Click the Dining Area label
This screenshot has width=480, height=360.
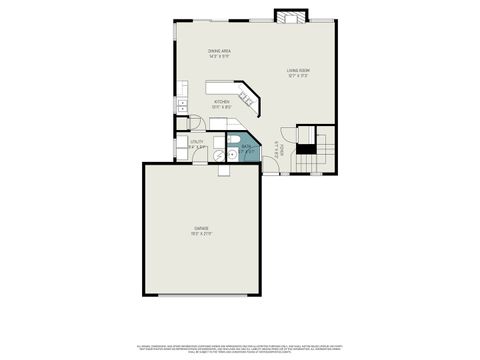(220, 51)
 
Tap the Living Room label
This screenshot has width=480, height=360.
(298, 70)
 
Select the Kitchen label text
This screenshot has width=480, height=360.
(221, 102)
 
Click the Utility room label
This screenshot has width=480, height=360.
(196, 141)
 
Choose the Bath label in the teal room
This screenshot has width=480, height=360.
(246, 146)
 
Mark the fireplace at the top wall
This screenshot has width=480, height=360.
(291, 17)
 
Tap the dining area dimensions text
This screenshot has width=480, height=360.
(220, 56)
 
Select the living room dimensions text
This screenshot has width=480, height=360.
(298, 75)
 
